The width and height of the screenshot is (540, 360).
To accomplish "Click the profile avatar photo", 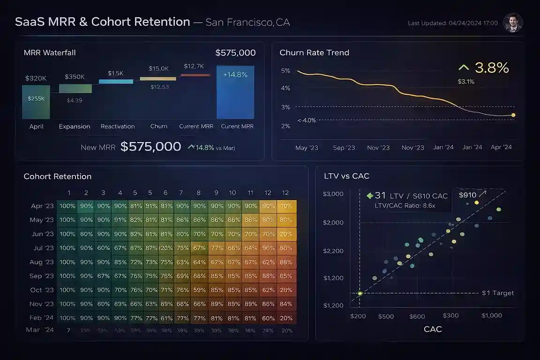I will (x=512, y=22).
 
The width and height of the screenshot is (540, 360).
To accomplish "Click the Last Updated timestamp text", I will (x=452, y=23).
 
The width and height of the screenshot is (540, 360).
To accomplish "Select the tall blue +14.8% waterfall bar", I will (x=235, y=92).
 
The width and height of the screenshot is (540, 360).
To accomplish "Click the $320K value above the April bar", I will (x=36, y=78).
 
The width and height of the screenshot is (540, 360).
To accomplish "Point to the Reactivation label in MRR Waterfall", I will (x=118, y=127).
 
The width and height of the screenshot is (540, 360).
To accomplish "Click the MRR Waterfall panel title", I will (x=50, y=53).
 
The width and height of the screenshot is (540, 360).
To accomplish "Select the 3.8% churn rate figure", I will (x=491, y=68).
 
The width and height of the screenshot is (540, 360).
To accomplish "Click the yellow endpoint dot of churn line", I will (x=513, y=115).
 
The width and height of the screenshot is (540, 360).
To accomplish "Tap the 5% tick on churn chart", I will (x=285, y=71).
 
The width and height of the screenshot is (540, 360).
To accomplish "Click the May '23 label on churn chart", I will (x=307, y=148).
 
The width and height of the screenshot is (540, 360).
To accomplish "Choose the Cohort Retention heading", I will (x=57, y=177).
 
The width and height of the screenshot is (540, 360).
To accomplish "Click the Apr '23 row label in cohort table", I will (x=42, y=206).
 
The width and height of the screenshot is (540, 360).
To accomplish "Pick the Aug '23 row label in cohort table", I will (x=42, y=262).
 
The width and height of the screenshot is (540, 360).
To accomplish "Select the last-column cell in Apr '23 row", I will (x=285, y=206).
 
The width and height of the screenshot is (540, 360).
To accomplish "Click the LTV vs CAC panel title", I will (x=346, y=176).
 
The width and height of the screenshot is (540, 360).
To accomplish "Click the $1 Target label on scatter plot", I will (x=498, y=293).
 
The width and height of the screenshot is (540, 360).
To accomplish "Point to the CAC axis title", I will (x=432, y=329).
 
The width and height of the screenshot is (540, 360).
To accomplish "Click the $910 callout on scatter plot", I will (x=467, y=195).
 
